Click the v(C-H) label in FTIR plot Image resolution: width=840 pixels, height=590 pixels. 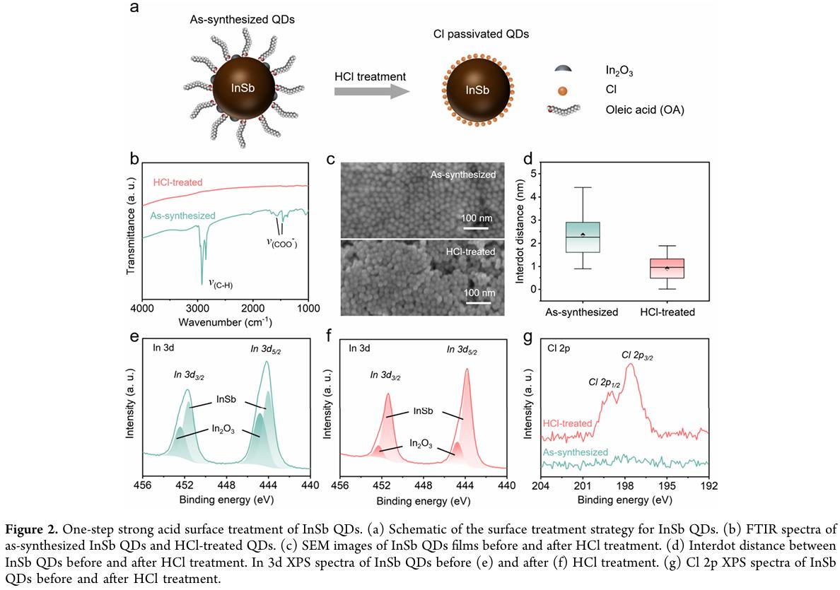pyautogui.click(x=221, y=283)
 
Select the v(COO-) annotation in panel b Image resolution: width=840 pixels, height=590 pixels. pyautogui.click(x=281, y=242)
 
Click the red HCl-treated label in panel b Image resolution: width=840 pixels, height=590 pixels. pyautogui.click(x=177, y=183)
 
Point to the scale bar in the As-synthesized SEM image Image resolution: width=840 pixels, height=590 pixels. pyautogui.click(x=474, y=228)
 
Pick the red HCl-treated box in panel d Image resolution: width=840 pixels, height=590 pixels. pyautogui.click(x=667, y=269)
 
